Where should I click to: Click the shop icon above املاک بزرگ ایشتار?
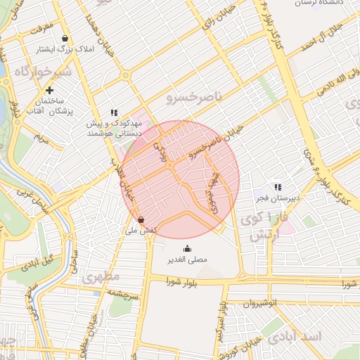[x=65, y=39]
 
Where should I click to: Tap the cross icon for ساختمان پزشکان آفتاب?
[x=49, y=90]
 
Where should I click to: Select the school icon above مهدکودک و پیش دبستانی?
[x=114, y=112]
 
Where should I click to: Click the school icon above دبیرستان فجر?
[x=278, y=187]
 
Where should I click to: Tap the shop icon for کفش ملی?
[x=142, y=219]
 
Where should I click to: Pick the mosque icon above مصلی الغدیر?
[x=187, y=248]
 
